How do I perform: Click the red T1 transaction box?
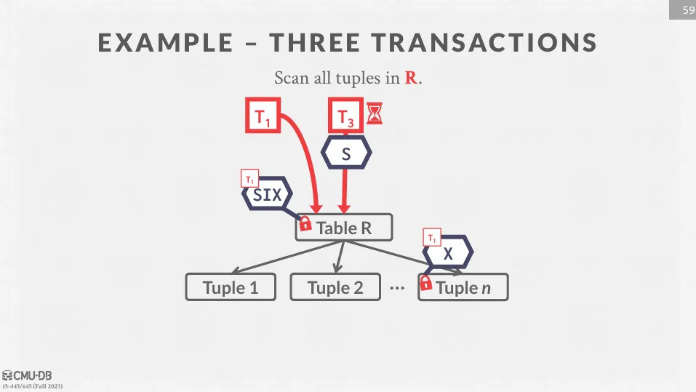point(263,115)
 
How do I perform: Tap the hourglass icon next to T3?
point(375,113)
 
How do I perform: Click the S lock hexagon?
point(346,153)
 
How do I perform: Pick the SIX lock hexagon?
point(267,195)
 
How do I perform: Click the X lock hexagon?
point(449,253)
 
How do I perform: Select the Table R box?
point(344,228)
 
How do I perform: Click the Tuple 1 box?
point(231,287)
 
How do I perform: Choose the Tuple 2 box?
point(335,287)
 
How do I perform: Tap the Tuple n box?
point(463,287)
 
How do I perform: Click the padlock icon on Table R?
point(305,223)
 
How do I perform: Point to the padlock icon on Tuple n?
point(426,283)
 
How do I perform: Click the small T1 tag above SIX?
point(249,179)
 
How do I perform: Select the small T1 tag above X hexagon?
point(432,237)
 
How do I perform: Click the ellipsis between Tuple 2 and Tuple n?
point(396,288)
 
